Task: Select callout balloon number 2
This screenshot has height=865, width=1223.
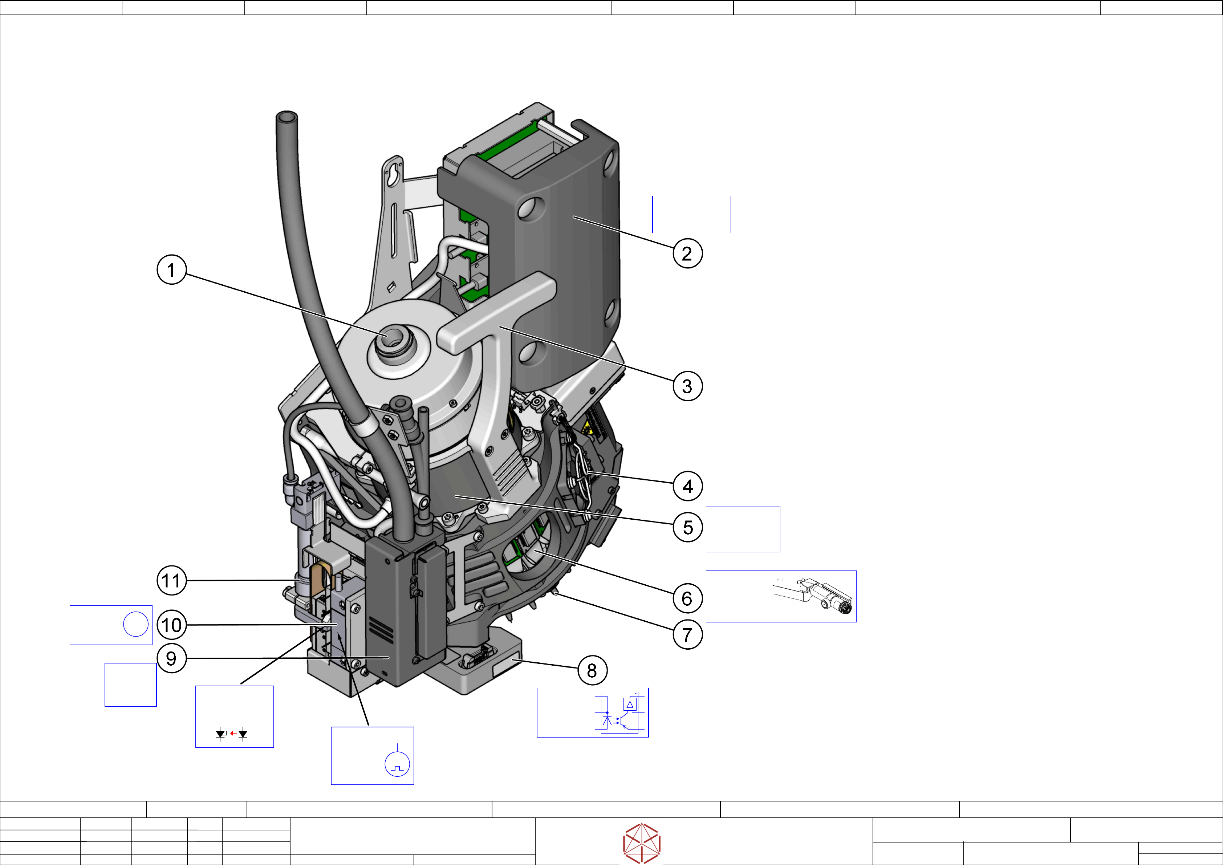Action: coord(687,253)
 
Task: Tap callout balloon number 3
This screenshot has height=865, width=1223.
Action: coord(687,386)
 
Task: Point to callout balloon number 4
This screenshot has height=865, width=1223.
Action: coord(688,486)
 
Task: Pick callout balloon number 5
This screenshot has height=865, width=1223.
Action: coord(688,527)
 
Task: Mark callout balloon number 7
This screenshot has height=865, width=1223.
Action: coord(687,634)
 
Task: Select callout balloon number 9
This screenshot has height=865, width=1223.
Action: coord(171,658)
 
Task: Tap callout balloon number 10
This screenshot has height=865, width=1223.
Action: coord(171,625)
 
